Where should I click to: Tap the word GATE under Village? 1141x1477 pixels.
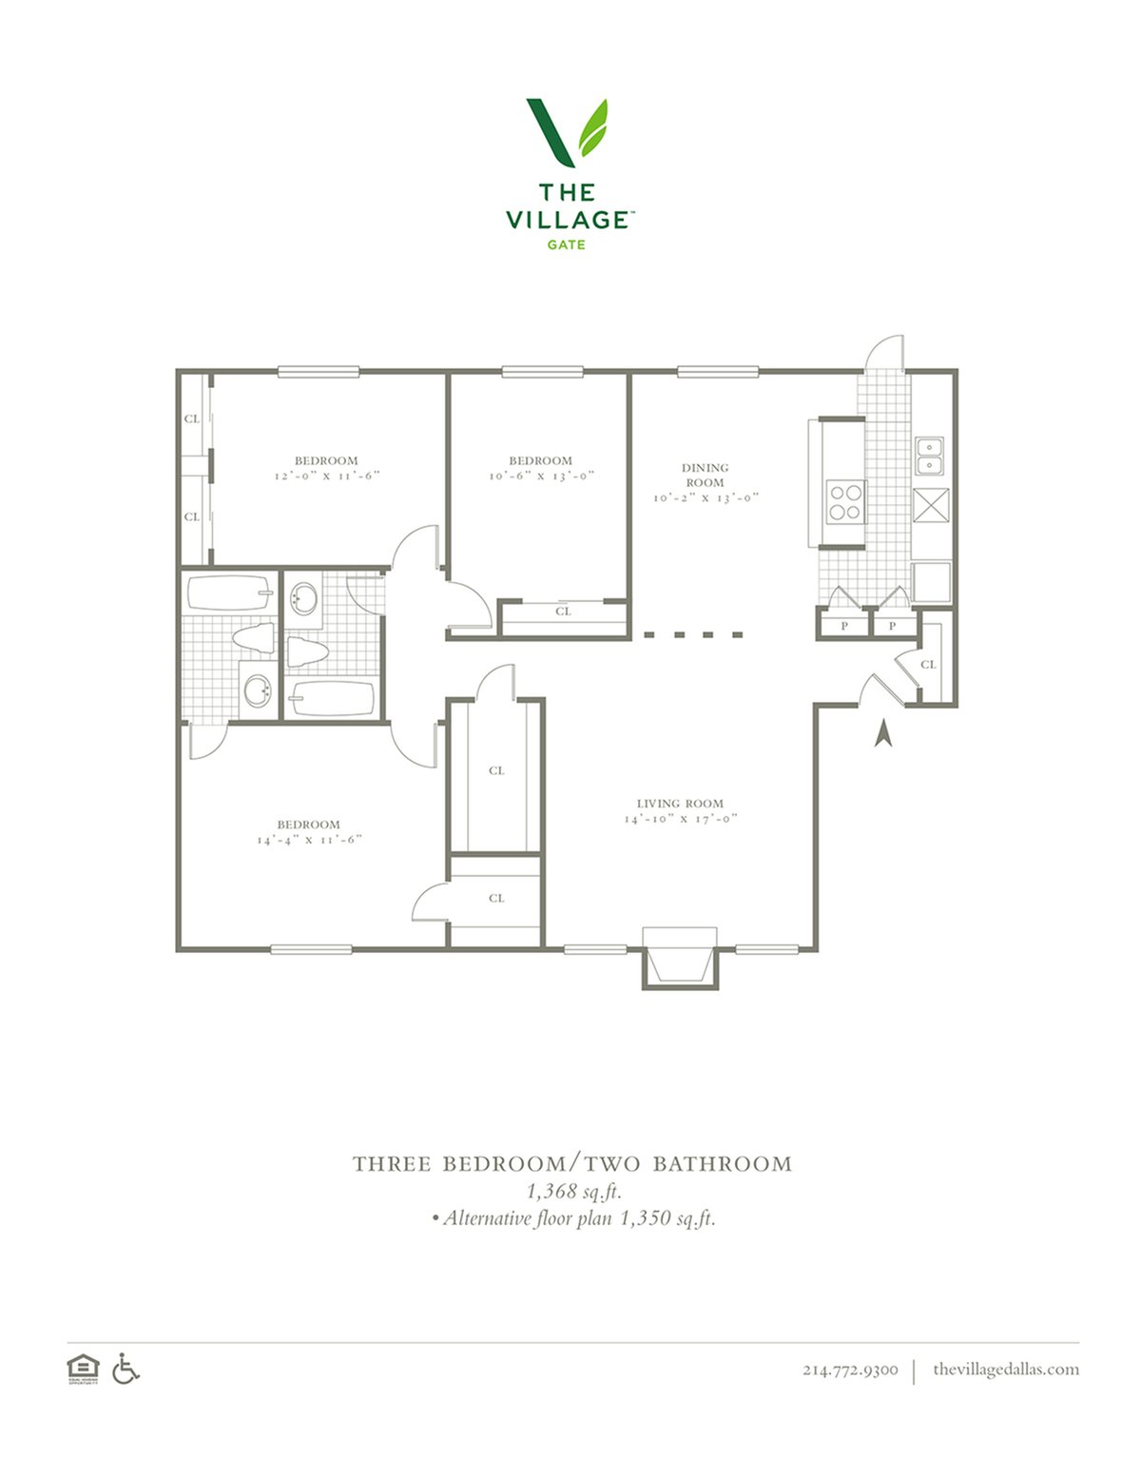pyautogui.click(x=566, y=244)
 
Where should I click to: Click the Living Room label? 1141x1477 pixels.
pyautogui.click(x=680, y=804)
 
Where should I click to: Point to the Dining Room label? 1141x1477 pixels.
pyautogui.click(x=705, y=476)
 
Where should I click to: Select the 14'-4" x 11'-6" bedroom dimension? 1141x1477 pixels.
pyautogui.click(x=309, y=840)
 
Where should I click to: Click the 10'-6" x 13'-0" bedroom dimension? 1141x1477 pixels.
pyautogui.click(x=542, y=476)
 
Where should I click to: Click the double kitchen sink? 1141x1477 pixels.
pyautogui.click(x=928, y=456)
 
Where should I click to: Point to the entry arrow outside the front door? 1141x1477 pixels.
pyautogui.click(x=882, y=735)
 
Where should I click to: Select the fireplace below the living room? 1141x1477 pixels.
pyautogui.click(x=680, y=958)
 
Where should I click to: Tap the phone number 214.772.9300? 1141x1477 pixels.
pyautogui.click(x=850, y=1370)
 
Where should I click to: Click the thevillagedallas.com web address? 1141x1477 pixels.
pyautogui.click(x=1006, y=1370)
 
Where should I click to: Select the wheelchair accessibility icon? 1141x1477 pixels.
pyautogui.click(x=126, y=1369)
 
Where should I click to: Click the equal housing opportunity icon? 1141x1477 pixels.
pyautogui.click(x=83, y=1370)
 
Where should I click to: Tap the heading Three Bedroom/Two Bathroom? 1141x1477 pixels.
pyautogui.click(x=572, y=1164)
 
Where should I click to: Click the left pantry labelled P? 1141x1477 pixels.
pyautogui.click(x=844, y=626)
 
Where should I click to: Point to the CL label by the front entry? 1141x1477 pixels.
pyautogui.click(x=928, y=664)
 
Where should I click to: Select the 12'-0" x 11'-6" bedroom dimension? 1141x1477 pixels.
pyautogui.click(x=327, y=476)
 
